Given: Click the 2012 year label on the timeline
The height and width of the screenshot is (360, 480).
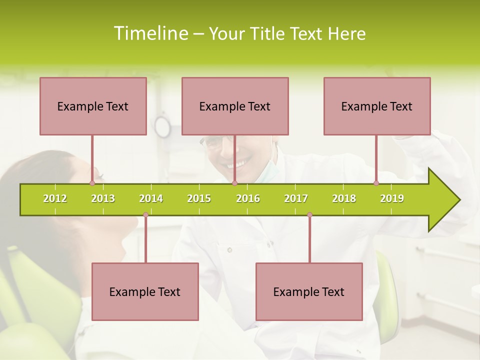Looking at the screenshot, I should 55,199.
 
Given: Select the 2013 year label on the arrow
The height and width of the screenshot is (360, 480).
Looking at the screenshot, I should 103,199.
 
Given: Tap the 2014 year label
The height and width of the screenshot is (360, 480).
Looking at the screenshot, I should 151,199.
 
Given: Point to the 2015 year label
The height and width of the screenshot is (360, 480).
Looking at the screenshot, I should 199,199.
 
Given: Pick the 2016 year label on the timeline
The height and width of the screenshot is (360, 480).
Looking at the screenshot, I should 248,199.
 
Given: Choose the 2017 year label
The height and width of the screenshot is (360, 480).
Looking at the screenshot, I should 296,199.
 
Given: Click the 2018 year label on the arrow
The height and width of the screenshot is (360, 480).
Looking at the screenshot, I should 344,199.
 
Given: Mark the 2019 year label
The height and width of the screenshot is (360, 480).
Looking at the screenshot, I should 392,199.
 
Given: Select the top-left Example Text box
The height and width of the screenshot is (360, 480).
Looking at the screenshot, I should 93,106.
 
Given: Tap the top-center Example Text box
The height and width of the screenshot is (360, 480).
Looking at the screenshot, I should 235,106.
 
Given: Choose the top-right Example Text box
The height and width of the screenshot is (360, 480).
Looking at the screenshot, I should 377,106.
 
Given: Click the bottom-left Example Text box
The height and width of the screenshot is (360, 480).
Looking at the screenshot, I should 145,291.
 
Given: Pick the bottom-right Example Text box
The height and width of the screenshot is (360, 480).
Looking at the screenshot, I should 309,291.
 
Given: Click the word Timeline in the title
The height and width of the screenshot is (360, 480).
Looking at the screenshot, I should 150,33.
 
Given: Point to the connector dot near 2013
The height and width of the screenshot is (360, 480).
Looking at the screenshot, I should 92,183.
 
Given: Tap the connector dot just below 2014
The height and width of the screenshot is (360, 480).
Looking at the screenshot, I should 145,215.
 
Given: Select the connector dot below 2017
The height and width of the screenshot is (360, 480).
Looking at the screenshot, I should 309,215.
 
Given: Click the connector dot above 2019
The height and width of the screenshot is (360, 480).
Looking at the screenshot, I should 376,183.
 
